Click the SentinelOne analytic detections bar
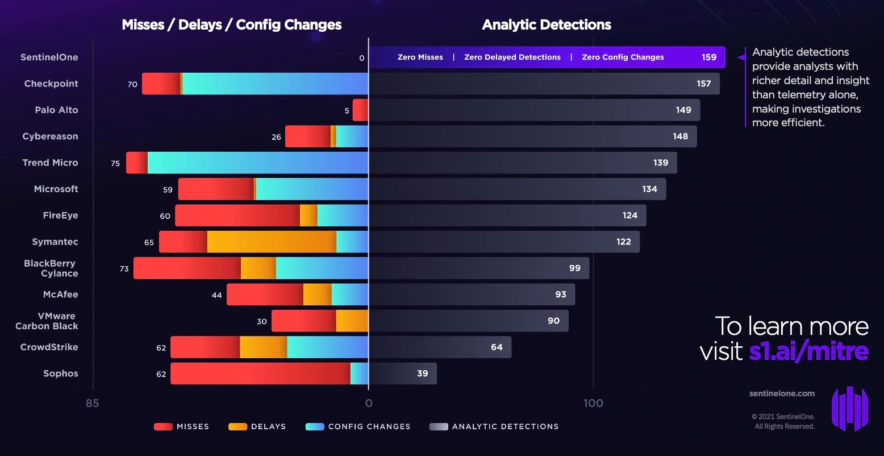547,57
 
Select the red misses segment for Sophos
260,374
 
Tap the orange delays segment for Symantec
272,242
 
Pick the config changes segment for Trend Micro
257,163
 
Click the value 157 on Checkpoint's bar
703,84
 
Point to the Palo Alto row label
56,110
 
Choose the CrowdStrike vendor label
49,347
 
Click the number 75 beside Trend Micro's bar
115,163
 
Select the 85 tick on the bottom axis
92,404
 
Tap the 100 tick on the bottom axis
593,404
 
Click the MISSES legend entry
182,426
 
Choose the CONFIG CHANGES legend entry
358,426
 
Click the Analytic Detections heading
547,25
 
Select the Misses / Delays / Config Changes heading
232,25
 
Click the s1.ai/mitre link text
808,351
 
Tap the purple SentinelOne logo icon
850,408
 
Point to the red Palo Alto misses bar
360,110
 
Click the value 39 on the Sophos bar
422,374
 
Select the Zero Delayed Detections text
512,57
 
